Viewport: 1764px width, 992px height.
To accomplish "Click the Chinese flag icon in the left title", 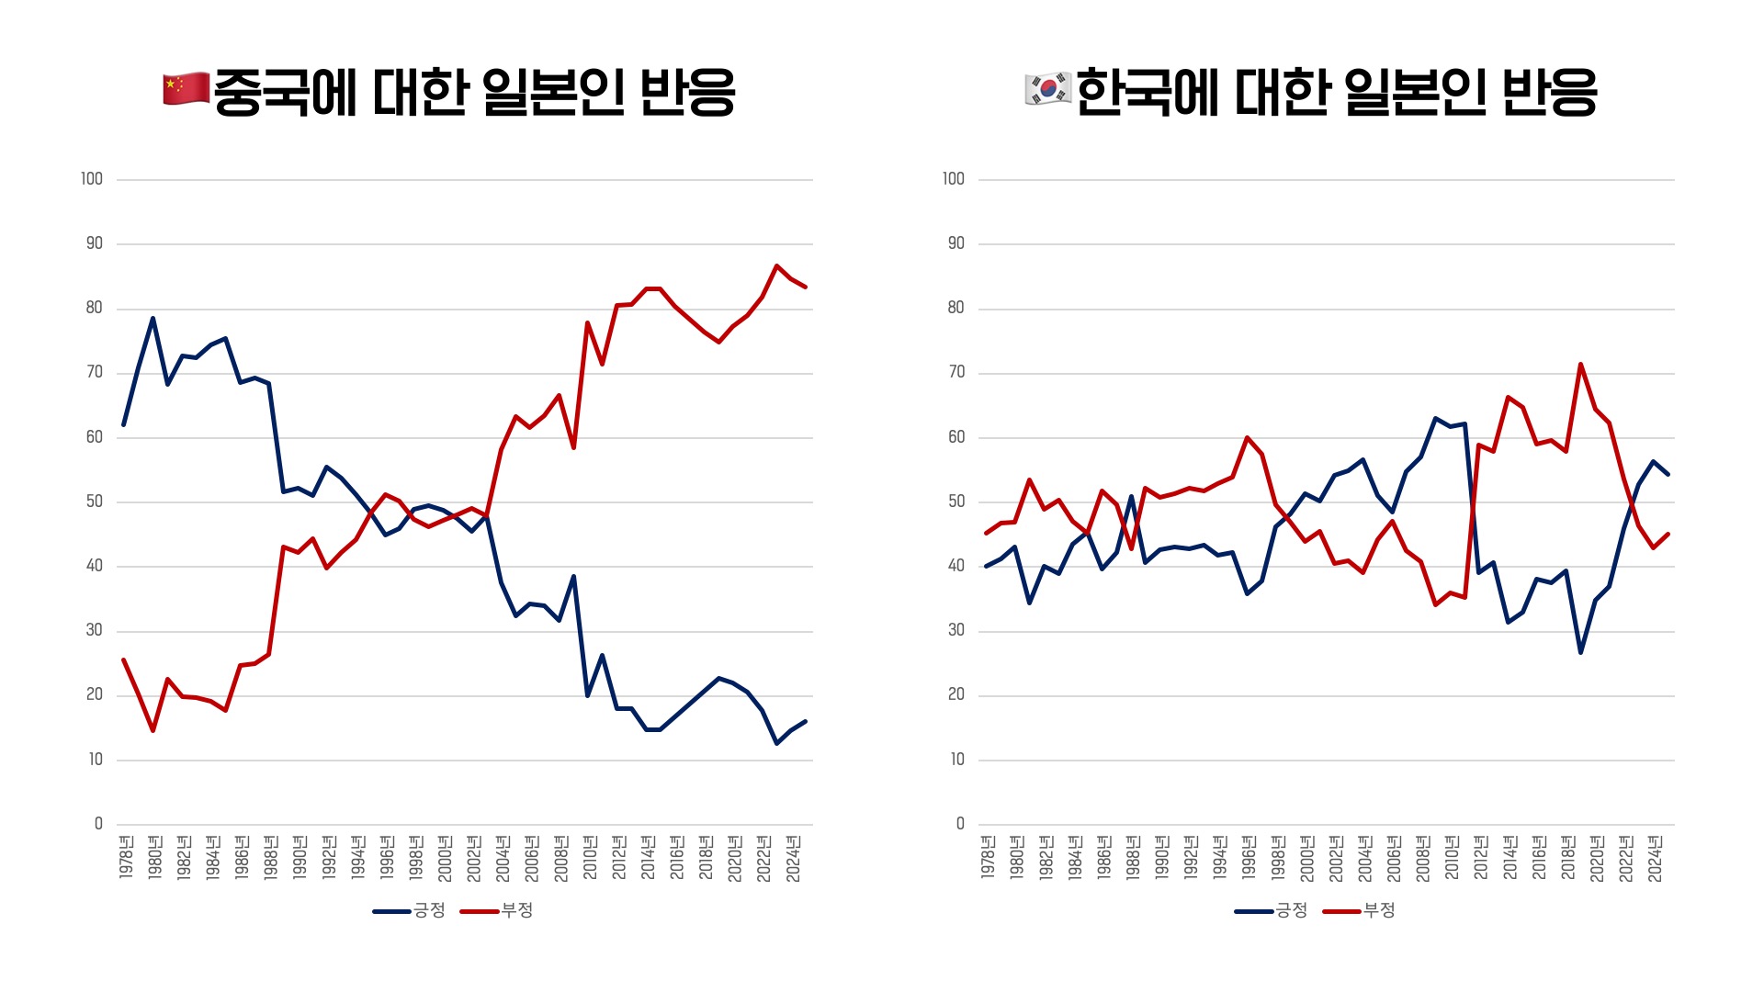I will pos(186,89).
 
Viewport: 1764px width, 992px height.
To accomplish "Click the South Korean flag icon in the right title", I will pos(1047,89).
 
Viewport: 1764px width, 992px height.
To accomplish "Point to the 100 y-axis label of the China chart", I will pos(92,179).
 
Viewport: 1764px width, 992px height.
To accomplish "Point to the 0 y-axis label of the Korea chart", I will pos(960,824).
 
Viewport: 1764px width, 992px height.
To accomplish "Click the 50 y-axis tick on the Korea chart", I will pos(956,502).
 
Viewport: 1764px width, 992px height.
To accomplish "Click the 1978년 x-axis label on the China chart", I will pos(126,857).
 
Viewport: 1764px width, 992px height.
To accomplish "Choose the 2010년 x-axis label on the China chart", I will pos(590,857).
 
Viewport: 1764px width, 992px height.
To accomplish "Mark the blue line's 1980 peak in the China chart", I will pos(153,318).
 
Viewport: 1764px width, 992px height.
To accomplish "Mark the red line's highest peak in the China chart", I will pos(776,265).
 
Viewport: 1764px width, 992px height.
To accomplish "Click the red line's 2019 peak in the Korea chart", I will pos(1580,365).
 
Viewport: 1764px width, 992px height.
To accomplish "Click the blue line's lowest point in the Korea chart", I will pos(1580,652).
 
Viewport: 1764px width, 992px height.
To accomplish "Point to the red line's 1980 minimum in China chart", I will pos(153,730).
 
